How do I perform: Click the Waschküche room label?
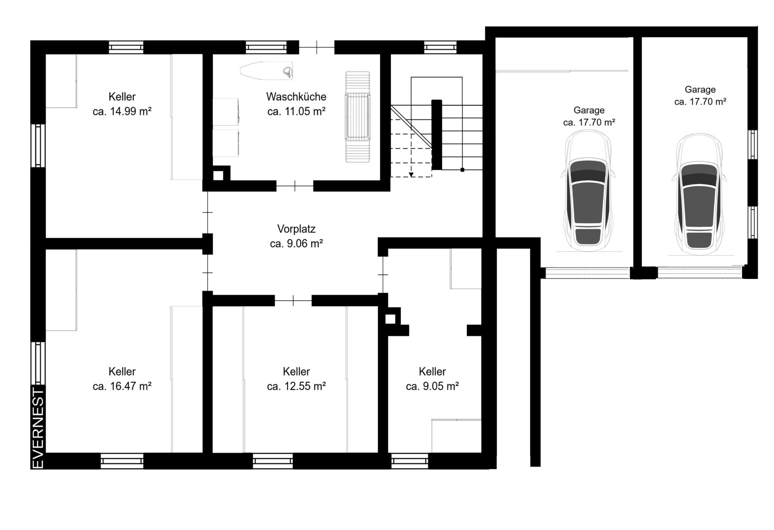click(x=296, y=97)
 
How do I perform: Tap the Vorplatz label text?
click(x=296, y=229)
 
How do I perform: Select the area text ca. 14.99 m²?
click(x=122, y=111)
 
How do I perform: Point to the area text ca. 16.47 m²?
click(x=122, y=386)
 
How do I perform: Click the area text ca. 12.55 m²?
click(x=296, y=386)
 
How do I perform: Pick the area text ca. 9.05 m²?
click(x=432, y=386)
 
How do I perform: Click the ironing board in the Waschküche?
click(x=267, y=70)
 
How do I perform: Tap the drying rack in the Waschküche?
click(x=358, y=117)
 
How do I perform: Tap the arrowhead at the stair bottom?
click(x=411, y=175)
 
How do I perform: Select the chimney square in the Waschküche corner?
click(x=218, y=175)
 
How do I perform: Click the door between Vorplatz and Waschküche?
click(x=295, y=186)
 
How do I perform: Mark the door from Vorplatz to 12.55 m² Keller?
click(x=293, y=300)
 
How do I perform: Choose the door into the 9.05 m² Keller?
click(x=383, y=274)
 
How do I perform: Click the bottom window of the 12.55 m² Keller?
click(x=273, y=461)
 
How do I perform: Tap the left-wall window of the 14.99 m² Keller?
click(x=38, y=145)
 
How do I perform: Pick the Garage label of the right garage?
click(x=700, y=90)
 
